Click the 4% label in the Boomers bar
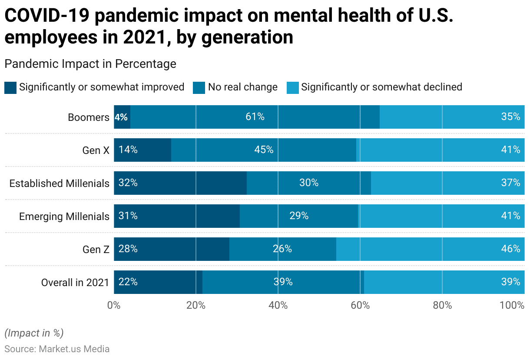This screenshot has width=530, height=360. (121, 117)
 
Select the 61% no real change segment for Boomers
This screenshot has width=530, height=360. (255, 117)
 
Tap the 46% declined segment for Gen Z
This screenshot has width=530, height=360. (430, 249)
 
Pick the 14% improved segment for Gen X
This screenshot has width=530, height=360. (142, 150)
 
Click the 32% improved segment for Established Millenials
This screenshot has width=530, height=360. (180, 183)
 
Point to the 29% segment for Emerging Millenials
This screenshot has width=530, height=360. (299, 216)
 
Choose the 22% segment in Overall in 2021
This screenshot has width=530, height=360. (158, 282)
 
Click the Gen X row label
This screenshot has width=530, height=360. (96, 150)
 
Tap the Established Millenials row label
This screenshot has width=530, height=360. (60, 183)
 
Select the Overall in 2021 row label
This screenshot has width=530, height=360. (75, 283)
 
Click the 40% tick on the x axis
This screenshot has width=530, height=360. (278, 305)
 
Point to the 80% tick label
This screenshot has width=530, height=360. (442, 305)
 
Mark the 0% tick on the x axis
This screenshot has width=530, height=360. (114, 305)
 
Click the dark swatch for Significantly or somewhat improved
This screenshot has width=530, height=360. (10, 87)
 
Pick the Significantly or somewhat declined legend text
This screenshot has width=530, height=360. (381, 87)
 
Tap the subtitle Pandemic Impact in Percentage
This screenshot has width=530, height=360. (90, 64)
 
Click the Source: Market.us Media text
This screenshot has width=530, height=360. (57, 349)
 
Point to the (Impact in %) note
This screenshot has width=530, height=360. (34, 333)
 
